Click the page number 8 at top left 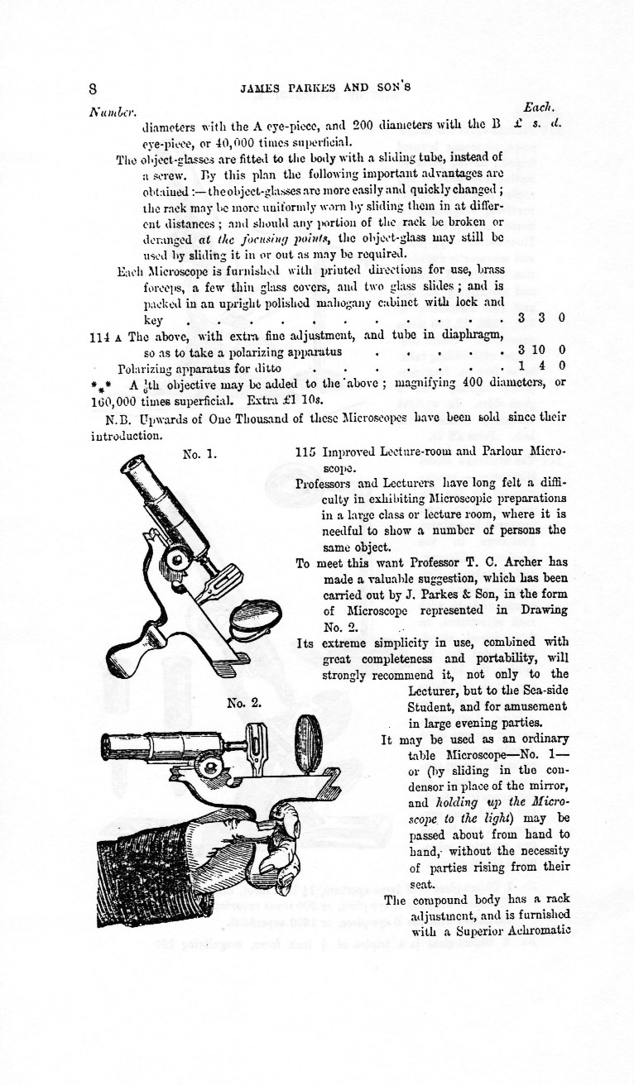click(94, 88)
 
